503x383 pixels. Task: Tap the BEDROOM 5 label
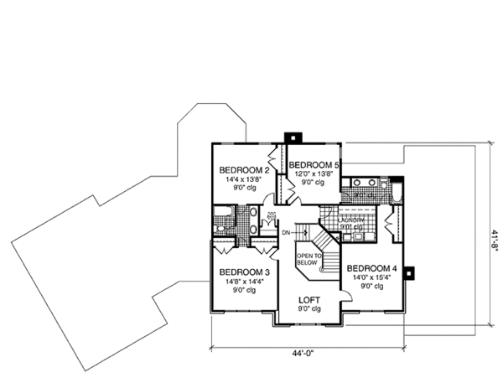pyautogui.click(x=313, y=165)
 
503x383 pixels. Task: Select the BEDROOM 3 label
pyautogui.click(x=244, y=272)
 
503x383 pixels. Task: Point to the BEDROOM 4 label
pyautogui.click(x=370, y=267)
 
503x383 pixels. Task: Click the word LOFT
pyautogui.click(x=311, y=298)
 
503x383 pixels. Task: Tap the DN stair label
pyautogui.click(x=285, y=232)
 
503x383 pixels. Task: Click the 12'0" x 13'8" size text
pyautogui.click(x=312, y=174)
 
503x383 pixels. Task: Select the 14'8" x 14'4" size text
pyautogui.click(x=243, y=282)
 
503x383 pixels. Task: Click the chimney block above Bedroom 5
pyautogui.click(x=292, y=137)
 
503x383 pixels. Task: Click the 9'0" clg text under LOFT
pyautogui.click(x=311, y=308)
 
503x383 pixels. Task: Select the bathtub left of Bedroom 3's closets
pyautogui.click(x=223, y=225)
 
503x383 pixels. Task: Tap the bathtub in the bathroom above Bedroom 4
pyautogui.click(x=397, y=192)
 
